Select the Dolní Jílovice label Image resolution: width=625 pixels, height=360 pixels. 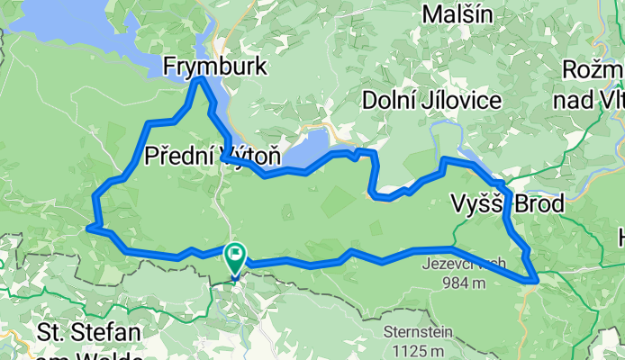pos(431,100)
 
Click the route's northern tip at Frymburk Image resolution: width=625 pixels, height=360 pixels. pos(200,80)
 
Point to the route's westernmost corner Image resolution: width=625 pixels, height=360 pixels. pos(87,229)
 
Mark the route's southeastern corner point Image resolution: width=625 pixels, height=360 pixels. pos(538,281)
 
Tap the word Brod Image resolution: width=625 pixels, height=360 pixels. pos(538,204)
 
